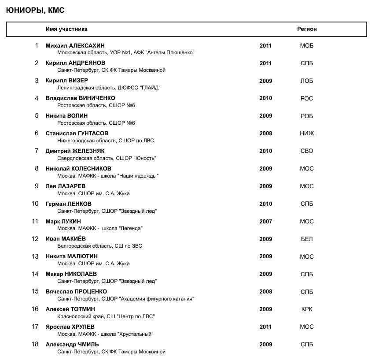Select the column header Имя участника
(66, 29)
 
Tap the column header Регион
(307, 29)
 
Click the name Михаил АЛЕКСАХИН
(75, 45)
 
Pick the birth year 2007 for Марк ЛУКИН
(266, 221)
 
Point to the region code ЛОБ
(307, 81)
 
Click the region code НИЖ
(307, 133)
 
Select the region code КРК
(307, 309)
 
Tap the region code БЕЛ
(307, 239)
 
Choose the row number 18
(35, 344)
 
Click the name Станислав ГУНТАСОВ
(77, 133)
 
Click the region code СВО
(307, 151)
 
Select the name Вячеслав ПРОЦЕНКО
(76, 291)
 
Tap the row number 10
(35, 204)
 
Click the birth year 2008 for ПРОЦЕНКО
(266, 291)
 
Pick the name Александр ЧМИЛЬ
(72, 344)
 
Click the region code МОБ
(307, 45)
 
